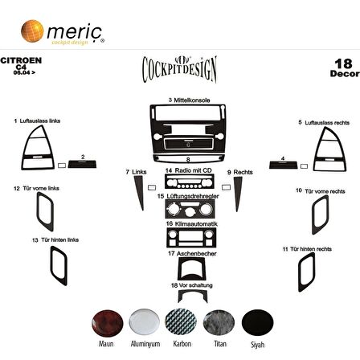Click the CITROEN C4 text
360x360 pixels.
(x=16, y=65)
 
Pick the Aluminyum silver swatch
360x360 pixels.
(x=145, y=322)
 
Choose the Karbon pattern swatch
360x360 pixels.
(x=181, y=322)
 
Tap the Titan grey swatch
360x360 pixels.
(x=218, y=322)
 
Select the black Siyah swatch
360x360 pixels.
(x=257, y=322)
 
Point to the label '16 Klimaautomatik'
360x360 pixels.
(x=183, y=223)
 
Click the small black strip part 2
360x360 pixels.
(x=83, y=164)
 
